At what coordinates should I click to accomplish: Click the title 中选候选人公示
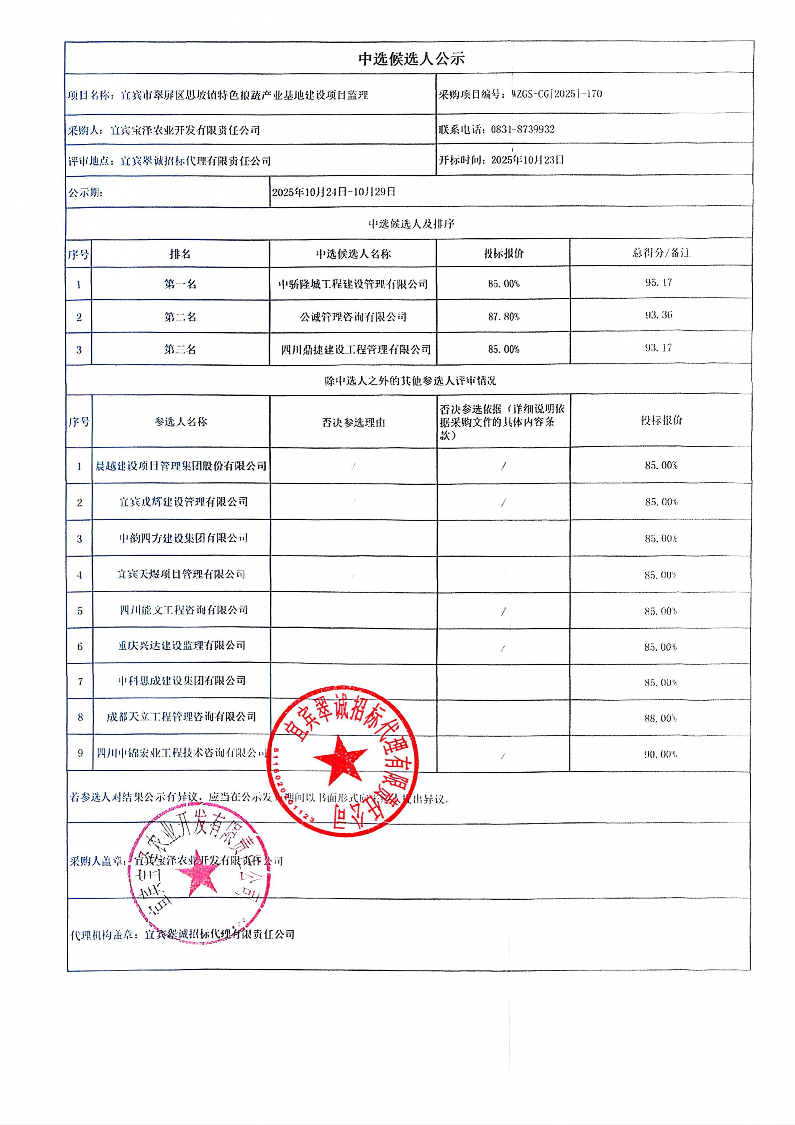[411, 59]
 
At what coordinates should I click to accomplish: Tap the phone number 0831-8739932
[522, 130]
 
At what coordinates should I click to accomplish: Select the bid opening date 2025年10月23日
[527, 160]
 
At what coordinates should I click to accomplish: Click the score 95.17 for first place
[658, 283]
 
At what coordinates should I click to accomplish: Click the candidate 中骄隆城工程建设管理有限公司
[353, 284]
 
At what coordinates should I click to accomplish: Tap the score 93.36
[658, 315]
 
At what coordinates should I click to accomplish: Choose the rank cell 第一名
[180, 284]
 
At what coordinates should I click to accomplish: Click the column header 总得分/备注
[661, 253]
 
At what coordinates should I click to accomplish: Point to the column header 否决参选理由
[353, 423]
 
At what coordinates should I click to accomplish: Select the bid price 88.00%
[661, 718]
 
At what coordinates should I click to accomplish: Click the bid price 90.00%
[661, 755]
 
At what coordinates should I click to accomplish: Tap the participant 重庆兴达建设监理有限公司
[182, 646]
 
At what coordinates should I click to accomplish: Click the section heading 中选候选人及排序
[411, 224]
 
